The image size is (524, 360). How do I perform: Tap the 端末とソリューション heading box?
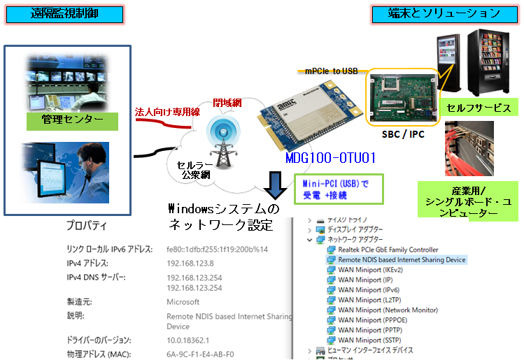coord(445,13)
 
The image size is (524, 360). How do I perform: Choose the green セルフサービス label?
coord(479,108)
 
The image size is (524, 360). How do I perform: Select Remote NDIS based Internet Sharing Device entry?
coord(396,259)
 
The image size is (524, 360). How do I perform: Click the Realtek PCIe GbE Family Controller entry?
coord(388,250)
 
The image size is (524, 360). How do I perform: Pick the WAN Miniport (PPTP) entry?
coord(370,330)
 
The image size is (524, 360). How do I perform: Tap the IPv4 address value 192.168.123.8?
coord(190,264)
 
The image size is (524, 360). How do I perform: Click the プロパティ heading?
coord(86,226)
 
